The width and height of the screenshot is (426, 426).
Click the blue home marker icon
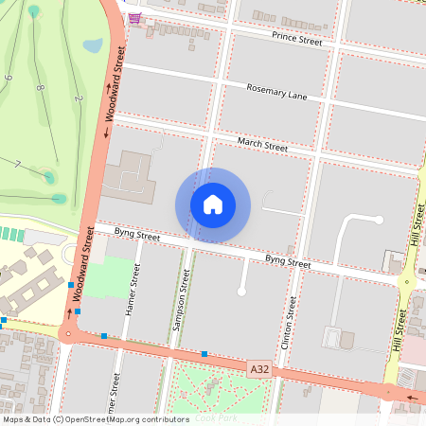pos(213,204)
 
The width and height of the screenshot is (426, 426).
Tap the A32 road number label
pos(259,367)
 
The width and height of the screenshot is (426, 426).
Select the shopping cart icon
pos(135,18)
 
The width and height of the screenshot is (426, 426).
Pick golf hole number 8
pos(40,88)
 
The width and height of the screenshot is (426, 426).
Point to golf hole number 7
pos(18,164)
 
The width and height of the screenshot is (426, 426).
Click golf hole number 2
pos(79,98)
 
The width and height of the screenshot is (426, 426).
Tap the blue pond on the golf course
pos(93,44)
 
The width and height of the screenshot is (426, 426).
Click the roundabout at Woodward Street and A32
pos(67,332)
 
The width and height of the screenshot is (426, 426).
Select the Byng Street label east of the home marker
pos(287,260)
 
